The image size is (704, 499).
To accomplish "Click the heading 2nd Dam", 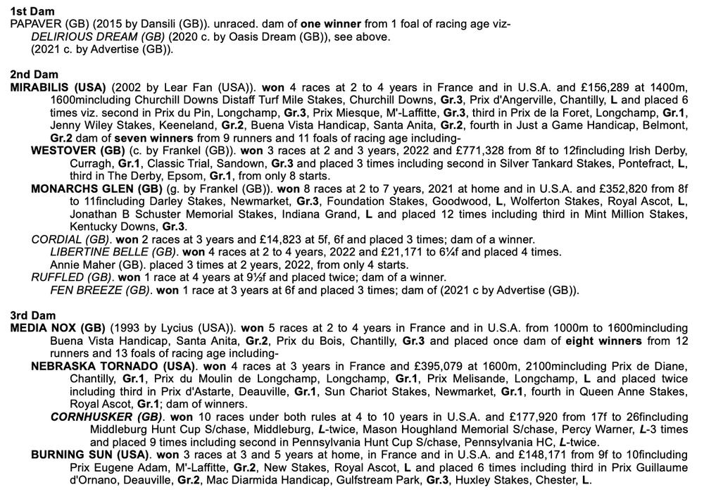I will click(34, 75).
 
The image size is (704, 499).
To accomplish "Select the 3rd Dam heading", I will click(33, 315).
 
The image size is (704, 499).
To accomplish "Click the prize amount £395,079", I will click(435, 366).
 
